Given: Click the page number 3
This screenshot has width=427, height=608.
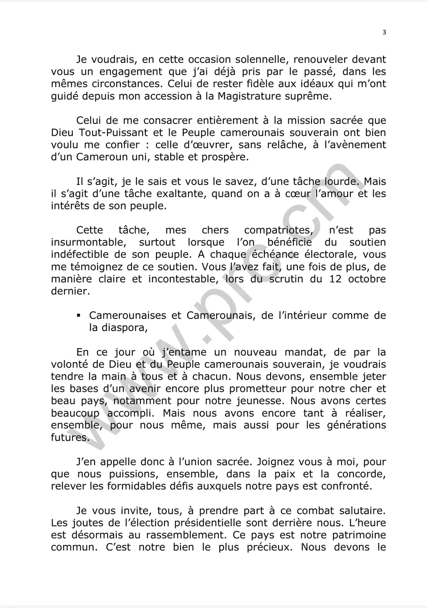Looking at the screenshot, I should (384, 32).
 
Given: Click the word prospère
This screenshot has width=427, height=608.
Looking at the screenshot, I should (225, 157).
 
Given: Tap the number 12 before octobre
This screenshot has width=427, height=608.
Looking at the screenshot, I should (335, 279).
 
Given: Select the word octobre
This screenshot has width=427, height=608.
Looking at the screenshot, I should (367, 279).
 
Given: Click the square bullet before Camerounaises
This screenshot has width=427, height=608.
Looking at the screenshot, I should (78, 316).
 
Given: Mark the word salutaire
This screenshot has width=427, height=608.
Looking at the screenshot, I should (361, 510).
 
